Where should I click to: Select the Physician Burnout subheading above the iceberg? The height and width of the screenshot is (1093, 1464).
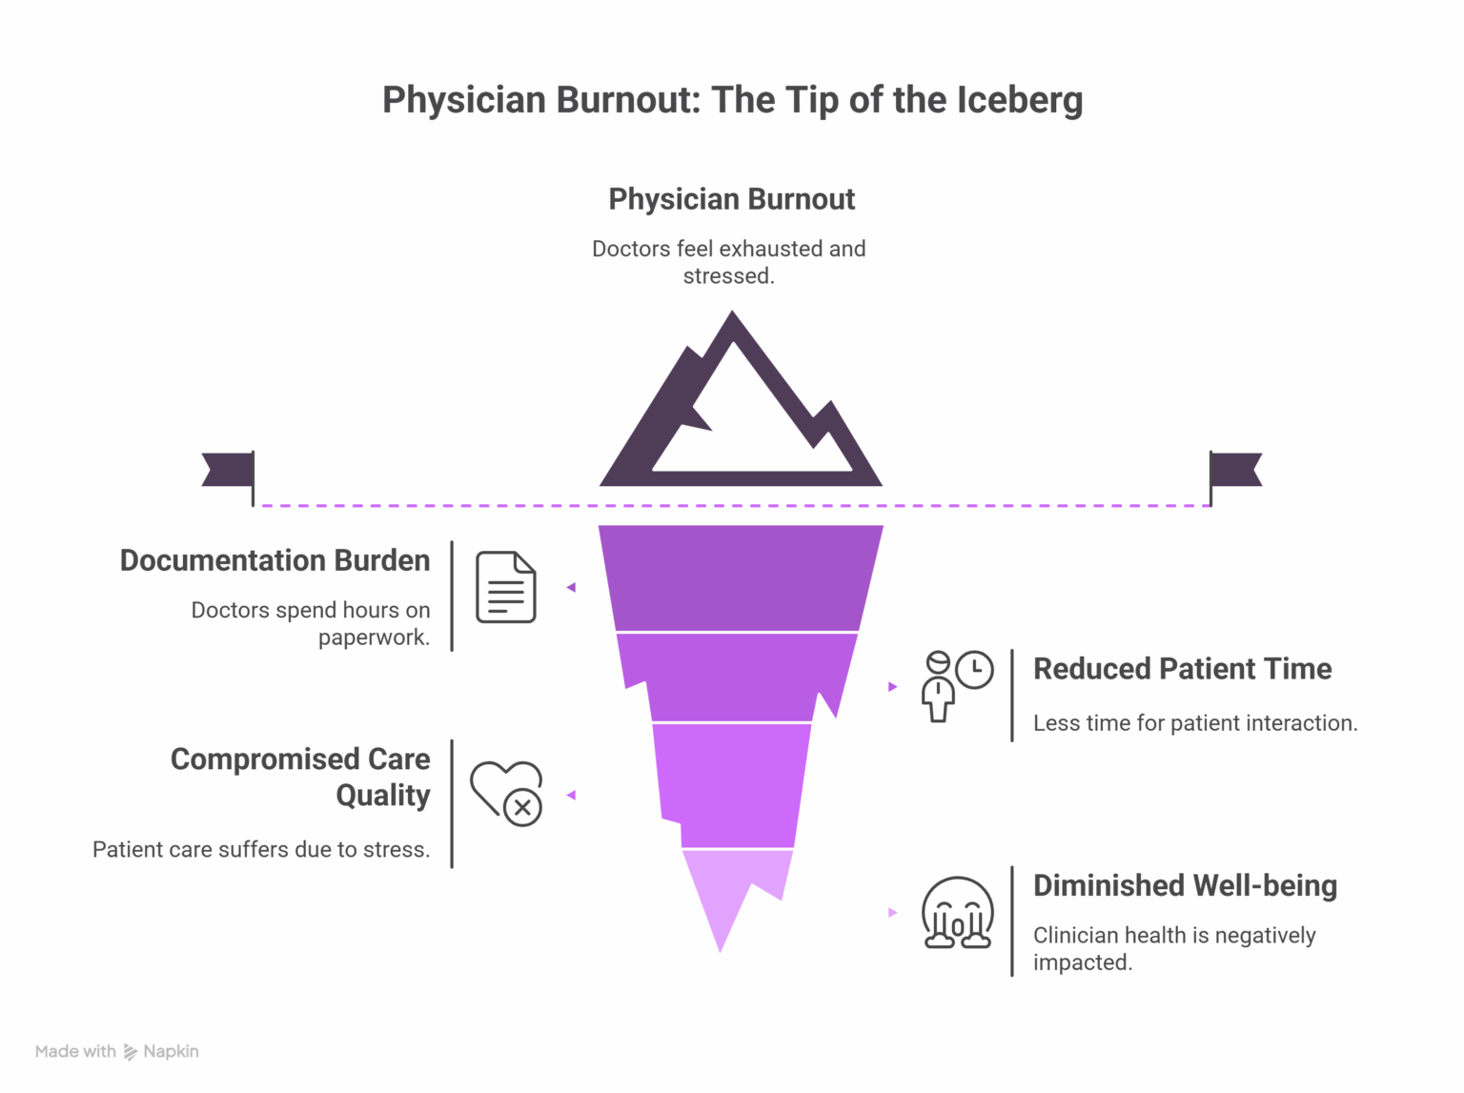pos(731,199)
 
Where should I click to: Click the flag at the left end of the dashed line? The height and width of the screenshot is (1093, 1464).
pos(229,470)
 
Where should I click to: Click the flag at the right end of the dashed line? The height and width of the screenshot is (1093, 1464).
pos(1236,470)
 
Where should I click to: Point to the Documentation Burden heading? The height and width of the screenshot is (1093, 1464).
pos(274,560)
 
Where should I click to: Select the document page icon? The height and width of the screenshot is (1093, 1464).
pos(506,587)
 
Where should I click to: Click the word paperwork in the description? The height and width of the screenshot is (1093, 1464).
pos(374,638)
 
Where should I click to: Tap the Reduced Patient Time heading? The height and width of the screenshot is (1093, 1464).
pos(1182,669)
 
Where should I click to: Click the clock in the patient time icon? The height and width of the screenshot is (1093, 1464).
pos(974,669)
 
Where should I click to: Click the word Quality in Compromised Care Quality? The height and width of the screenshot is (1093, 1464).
pos(383,795)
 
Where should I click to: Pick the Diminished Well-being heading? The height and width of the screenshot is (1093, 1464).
pos(1185,885)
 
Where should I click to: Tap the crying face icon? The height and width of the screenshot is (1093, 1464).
pos(957,913)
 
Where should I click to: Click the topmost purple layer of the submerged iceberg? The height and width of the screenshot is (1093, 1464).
pos(740,577)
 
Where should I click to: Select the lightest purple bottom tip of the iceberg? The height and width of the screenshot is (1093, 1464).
pos(729,891)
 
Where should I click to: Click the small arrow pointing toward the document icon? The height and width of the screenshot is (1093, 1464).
pos(571,588)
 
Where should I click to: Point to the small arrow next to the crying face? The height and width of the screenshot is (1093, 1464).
pos(893,913)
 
